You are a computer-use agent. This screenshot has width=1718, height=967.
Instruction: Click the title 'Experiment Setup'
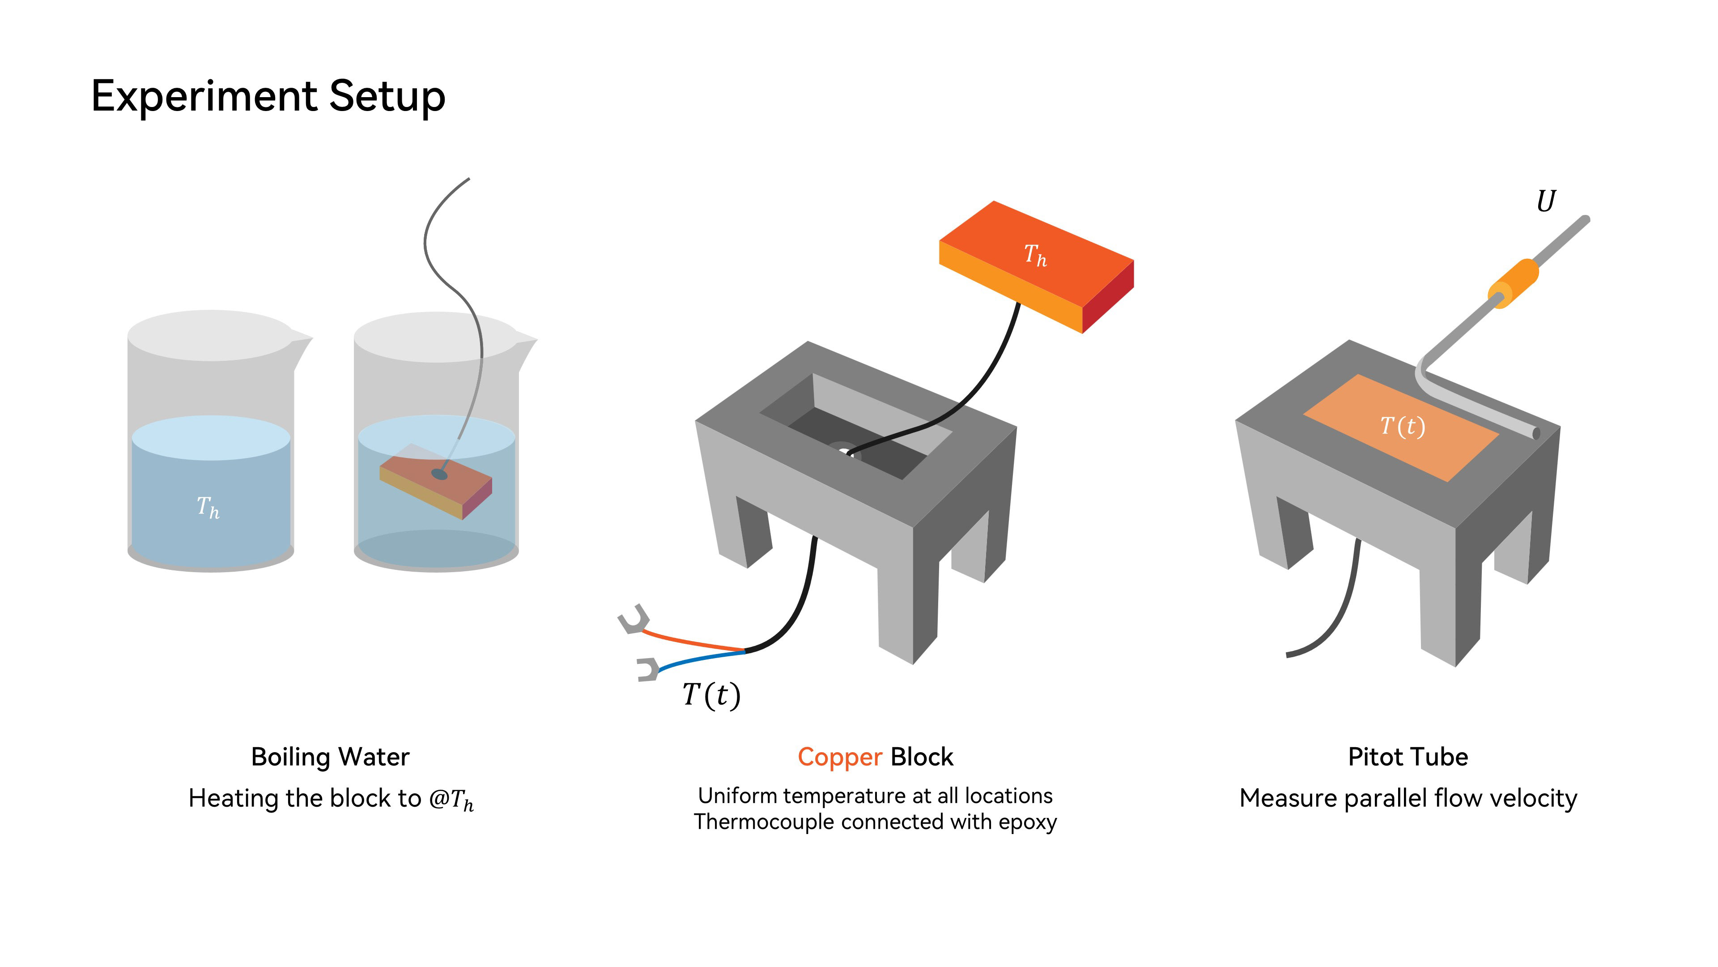tap(268, 96)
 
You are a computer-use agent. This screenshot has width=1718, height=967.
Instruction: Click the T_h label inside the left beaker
tap(208, 507)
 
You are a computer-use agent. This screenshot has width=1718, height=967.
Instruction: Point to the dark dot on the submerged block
tap(439, 474)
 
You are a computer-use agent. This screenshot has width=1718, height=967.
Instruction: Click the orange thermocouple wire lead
tap(693, 641)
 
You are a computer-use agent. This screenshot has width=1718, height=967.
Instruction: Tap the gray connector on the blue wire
tap(647, 669)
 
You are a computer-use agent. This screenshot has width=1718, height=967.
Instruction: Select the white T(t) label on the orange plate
tap(1402, 426)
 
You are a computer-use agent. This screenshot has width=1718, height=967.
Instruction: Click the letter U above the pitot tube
tap(1546, 201)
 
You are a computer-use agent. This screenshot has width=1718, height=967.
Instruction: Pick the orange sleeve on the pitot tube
tap(1514, 284)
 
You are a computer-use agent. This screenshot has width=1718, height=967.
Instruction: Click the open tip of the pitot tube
tap(1537, 434)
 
